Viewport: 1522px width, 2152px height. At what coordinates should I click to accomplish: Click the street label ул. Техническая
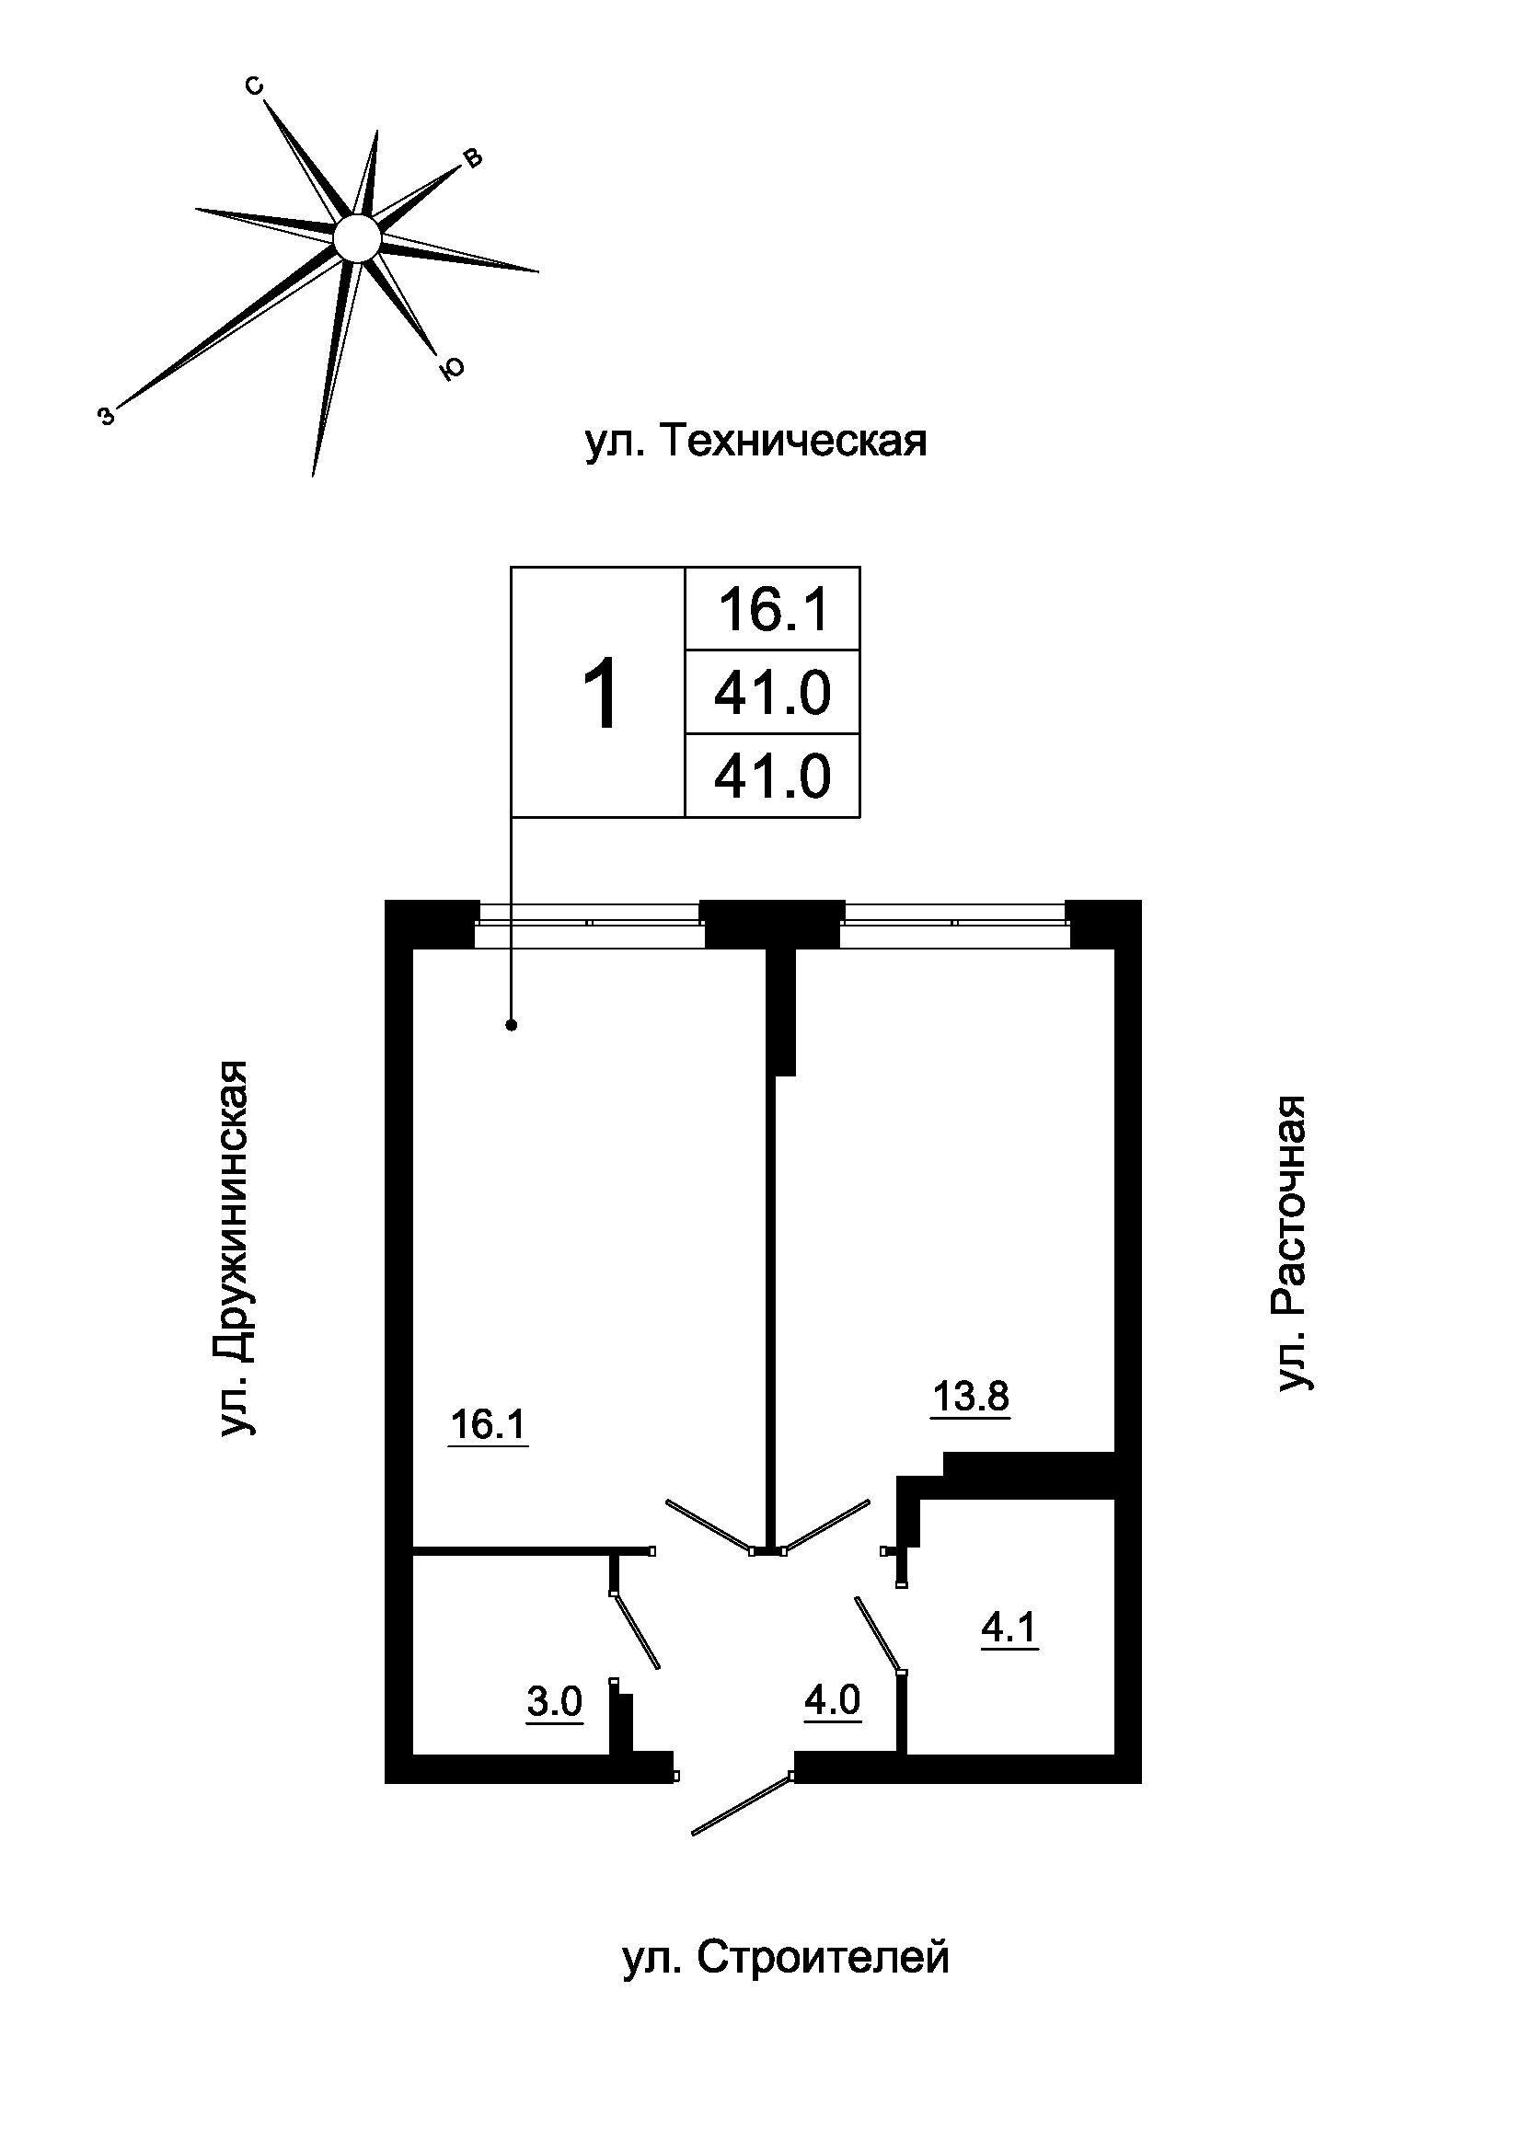pos(755,441)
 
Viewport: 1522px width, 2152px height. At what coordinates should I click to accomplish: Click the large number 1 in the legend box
pos(600,694)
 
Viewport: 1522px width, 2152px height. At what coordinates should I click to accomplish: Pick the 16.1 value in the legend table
pos(774,609)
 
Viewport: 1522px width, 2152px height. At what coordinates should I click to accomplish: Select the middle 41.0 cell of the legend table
pos(772,694)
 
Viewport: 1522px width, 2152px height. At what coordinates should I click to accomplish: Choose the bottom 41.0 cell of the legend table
pos(772,777)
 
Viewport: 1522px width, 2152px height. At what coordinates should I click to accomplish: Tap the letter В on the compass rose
pos(473,157)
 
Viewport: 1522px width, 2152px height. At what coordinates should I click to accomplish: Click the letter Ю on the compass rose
pos(452,369)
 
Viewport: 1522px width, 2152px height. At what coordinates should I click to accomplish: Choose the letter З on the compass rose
pos(108,416)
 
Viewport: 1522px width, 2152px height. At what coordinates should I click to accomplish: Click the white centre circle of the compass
pos(357,237)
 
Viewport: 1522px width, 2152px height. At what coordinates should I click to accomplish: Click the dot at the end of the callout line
pos(512,1025)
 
